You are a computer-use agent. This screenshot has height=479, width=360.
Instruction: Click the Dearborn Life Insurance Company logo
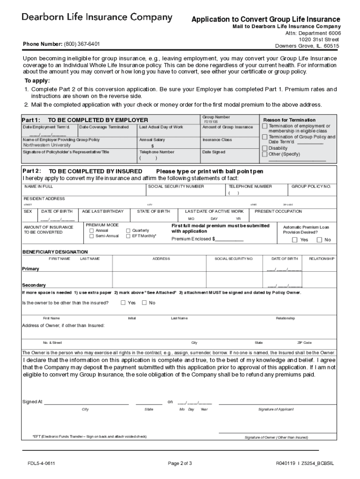97,18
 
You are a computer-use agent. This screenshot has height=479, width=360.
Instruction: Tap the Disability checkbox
265,148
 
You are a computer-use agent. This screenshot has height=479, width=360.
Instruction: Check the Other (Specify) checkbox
265,154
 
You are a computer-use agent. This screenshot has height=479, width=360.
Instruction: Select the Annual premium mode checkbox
92,231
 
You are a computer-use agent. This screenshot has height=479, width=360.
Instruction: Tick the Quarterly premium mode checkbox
129,231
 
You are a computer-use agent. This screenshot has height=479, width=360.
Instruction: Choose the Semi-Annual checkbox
92,236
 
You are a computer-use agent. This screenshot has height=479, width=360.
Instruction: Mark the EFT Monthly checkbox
129,236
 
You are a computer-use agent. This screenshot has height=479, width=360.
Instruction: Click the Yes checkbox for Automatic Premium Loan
295,240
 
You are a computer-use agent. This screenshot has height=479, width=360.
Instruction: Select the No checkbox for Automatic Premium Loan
319,240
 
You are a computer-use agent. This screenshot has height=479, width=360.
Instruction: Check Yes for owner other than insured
123,303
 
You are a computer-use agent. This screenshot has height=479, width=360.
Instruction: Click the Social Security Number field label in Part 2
176,186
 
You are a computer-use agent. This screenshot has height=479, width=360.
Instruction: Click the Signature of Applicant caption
276,409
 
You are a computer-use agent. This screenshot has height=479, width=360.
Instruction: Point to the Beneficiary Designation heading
55,252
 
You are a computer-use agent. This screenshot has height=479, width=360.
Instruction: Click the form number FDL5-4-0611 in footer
42,464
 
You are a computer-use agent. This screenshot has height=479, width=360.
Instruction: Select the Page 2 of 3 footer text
180,464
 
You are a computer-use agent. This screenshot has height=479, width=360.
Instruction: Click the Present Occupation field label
278,211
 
